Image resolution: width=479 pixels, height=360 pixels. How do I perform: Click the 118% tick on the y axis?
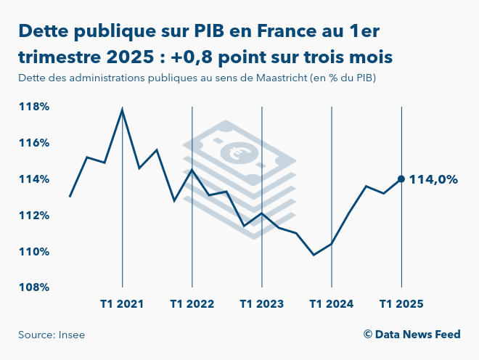[33, 107]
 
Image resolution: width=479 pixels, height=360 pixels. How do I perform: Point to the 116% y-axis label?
[33, 143]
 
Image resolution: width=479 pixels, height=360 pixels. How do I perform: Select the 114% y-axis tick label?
[33, 179]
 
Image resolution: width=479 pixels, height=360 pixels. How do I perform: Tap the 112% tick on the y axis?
[33, 216]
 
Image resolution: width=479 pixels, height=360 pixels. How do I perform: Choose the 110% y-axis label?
[33, 252]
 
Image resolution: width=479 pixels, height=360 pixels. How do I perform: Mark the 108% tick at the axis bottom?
[33, 287]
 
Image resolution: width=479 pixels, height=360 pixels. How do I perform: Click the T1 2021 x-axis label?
[122, 304]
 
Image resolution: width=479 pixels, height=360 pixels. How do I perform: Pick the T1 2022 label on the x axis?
[192, 304]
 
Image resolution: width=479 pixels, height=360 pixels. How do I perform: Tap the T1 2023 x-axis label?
[261, 304]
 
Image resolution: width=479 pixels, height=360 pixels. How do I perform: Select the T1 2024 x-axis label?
[331, 304]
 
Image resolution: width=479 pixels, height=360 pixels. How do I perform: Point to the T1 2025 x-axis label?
[401, 304]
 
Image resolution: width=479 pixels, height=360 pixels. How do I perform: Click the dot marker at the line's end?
[401, 179]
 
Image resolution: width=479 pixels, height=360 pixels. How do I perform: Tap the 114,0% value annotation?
[433, 179]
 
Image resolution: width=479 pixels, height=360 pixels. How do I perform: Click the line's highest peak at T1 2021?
[122, 110]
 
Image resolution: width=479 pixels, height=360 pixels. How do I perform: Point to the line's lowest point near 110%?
[314, 255]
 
